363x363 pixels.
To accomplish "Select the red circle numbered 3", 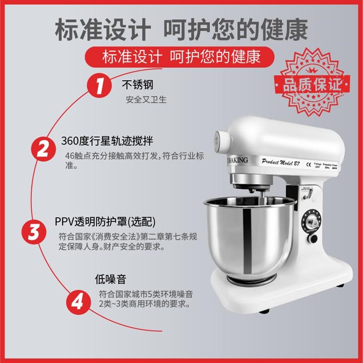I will pyautogui.click(x=34, y=232).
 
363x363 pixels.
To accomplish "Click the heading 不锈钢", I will pyautogui.click(x=137, y=85).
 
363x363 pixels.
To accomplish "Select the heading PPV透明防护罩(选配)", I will pyautogui.click(x=105, y=221).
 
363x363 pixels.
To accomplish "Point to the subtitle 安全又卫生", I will pyautogui.click(x=146, y=99).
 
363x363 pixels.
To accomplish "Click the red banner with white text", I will pyautogui.click(x=181, y=57).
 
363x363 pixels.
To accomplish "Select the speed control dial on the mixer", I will pyautogui.click(x=312, y=222).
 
